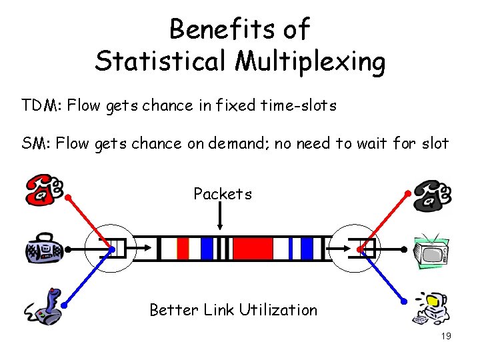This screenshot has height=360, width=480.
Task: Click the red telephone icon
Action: (43, 190)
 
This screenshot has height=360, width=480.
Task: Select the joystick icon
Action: (45, 307)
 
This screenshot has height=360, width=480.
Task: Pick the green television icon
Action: (431, 251)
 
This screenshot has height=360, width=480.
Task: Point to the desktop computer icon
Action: (432, 308)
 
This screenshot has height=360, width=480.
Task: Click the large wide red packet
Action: (253, 249)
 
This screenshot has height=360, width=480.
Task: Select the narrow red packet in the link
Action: (183, 249)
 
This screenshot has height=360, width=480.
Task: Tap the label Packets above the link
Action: (223, 194)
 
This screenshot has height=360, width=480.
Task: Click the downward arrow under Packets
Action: (222, 217)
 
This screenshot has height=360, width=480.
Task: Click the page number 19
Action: (446, 336)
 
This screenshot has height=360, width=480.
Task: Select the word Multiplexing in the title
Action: (310, 62)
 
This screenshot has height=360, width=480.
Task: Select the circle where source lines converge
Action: (111, 249)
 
